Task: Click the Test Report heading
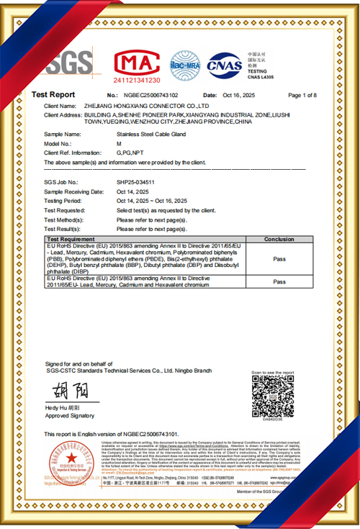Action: [53, 95]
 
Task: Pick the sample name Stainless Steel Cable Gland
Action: [153, 134]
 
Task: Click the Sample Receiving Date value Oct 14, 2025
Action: [135, 192]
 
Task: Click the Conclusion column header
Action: [279, 239]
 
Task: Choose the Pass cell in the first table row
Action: [279, 258]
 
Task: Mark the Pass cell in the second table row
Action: [279, 281]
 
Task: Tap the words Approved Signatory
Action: [69, 416]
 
